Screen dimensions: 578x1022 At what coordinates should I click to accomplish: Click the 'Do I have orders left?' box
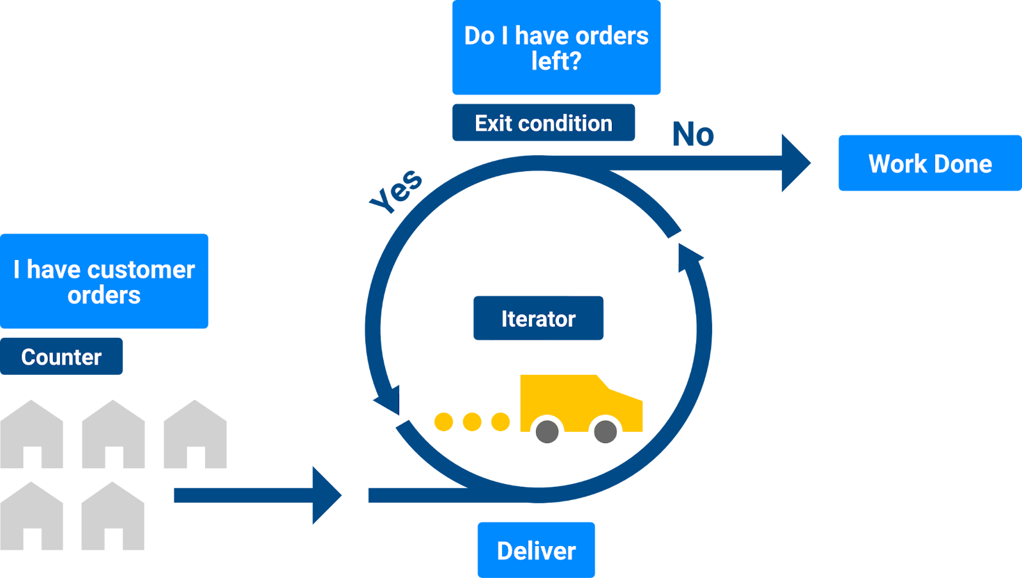(x=556, y=48)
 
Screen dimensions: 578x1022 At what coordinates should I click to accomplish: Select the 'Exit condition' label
(x=543, y=123)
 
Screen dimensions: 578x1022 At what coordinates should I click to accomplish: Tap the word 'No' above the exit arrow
(x=693, y=134)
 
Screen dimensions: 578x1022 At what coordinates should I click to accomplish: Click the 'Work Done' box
(x=929, y=164)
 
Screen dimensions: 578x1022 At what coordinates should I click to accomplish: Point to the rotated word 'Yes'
(x=397, y=190)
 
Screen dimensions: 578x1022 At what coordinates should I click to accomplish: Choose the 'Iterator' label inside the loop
(x=538, y=318)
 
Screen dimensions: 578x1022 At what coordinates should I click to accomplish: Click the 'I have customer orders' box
(x=104, y=281)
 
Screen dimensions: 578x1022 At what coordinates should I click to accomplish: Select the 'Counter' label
(x=61, y=356)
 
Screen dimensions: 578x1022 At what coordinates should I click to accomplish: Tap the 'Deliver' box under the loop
(x=536, y=550)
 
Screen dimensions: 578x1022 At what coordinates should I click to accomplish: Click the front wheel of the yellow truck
(x=605, y=432)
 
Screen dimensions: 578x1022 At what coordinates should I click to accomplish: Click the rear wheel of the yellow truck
(x=547, y=432)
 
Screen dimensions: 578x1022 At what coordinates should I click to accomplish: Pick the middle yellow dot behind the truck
(x=472, y=422)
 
